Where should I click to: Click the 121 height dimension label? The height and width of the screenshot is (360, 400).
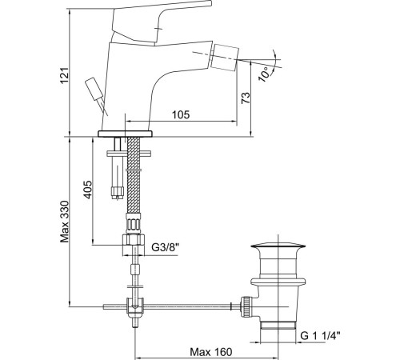pyautogui.click(x=65, y=75)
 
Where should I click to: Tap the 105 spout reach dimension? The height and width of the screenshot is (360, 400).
pyautogui.click(x=181, y=114)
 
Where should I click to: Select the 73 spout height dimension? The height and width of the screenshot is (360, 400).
pyautogui.click(x=246, y=98)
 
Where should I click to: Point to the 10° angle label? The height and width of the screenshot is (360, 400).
pyautogui.click(x=265, y=74)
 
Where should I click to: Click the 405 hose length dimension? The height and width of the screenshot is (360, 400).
pyautogui.click(x=88, y=190)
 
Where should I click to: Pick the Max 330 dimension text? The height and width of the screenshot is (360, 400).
pyautogui.click(x=65, y=222)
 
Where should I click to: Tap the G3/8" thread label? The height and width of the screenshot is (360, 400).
pyautogui.click(x=165, y=247)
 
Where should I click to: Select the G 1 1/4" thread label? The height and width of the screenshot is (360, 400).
pyautogui.click(x=321, y=335)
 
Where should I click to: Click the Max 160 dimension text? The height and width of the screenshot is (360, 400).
pyautogui.click(x=211, y=352)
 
